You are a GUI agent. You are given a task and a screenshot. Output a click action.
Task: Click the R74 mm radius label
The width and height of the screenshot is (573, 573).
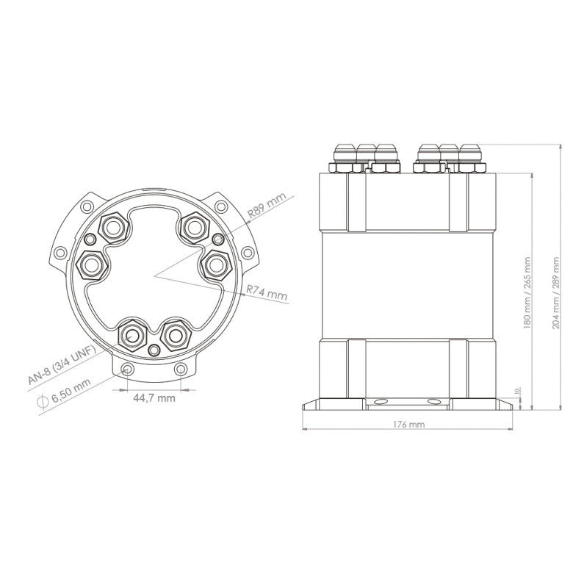(x=267, y=293)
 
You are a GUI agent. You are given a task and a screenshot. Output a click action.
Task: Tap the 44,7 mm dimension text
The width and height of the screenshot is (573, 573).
(x=154, y=398)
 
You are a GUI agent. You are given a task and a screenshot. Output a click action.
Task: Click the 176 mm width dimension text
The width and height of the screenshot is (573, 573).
(x=409, y=425)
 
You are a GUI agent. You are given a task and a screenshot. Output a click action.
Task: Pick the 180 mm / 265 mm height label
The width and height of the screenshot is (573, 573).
(x=527, y=292)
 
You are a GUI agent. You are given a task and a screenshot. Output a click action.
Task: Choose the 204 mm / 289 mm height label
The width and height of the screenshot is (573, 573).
(x=556, y=292)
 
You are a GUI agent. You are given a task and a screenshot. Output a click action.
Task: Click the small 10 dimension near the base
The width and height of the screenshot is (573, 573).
(x=516, y=391)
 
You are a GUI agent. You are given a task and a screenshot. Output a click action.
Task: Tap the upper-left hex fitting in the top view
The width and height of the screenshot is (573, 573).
(x=114, y=228)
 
